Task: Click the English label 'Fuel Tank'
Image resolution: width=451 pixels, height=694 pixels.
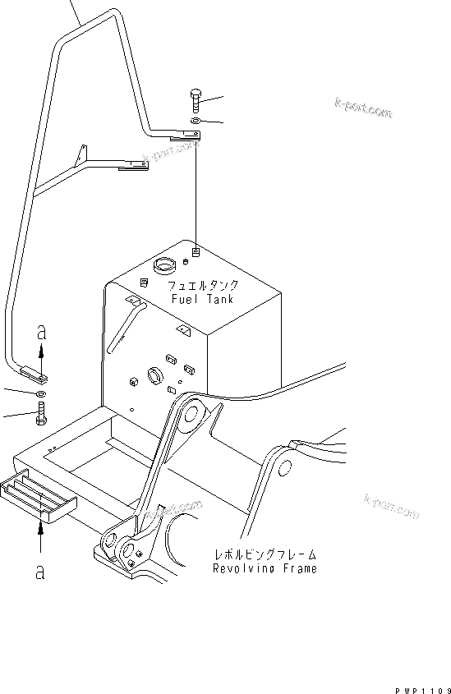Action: click(x=202, y=299)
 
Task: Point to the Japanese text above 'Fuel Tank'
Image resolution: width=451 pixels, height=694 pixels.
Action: click(x=203, y=286)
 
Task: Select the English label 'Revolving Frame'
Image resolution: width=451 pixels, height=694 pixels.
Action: click(x=264, y=568)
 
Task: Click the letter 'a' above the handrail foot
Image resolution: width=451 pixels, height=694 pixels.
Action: click(x=40, y=333)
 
